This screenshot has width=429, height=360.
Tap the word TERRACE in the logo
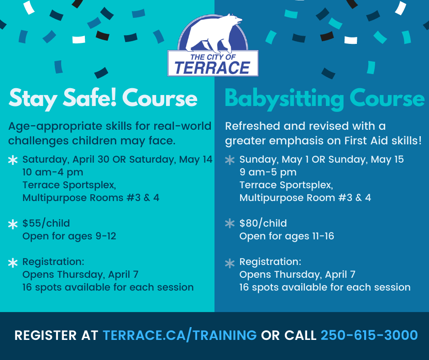pos(212,68)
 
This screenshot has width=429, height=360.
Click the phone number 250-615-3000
pos(369,335)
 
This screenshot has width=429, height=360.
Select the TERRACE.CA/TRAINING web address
pos(179,335)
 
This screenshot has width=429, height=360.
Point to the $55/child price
pos(46,223)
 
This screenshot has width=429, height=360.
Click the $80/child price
pos(263,223)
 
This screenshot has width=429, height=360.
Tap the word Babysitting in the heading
pos(284,99)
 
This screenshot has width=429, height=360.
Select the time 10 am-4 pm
pos(53,172)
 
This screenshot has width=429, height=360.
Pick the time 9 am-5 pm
pos(268,172)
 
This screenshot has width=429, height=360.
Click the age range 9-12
pos(106,236)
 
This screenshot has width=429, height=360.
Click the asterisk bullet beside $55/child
pos(13,225)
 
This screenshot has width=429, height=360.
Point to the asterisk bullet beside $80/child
pos(230,223)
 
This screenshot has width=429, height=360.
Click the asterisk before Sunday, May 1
pos(230,160)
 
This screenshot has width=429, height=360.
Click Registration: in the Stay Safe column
pos(53,262)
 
